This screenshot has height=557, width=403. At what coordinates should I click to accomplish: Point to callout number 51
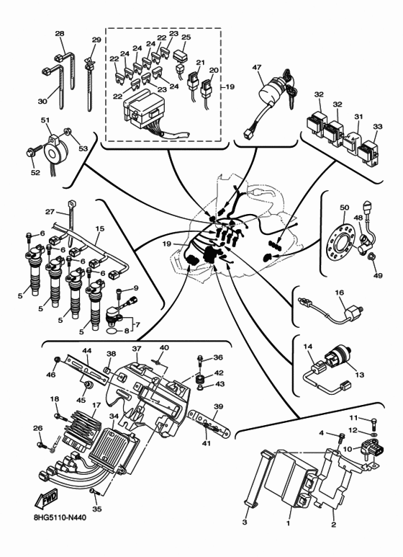45,120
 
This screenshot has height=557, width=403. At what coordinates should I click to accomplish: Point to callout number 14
308,347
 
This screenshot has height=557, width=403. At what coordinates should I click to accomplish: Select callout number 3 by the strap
245,521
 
